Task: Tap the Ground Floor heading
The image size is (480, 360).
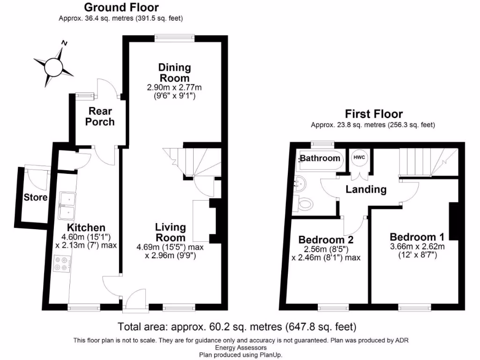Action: [x=121, y=7]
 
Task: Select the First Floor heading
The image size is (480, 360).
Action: [x=374, y=114]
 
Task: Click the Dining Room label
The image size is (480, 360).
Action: [x=174, y=72]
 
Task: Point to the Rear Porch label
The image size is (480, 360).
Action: [x=100, y=116]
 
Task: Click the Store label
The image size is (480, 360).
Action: [x=36, y=197]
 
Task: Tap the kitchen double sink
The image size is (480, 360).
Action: [x=67, y=206]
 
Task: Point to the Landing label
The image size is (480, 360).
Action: [x=366, y=189]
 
